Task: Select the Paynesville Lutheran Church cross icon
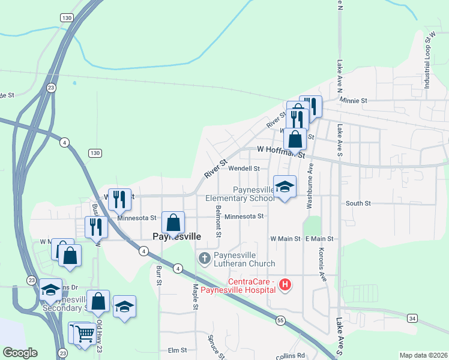pos(204,258)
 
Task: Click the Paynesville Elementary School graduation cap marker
pos(285,187)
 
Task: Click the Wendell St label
pos(243,169)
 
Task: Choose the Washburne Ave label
pos(310,186)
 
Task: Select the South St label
pos(358,203)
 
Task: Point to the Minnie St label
pos(353,101)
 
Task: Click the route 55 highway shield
pos(280,321)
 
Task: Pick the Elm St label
pos(178,350)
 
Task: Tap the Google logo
pos(20,353)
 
